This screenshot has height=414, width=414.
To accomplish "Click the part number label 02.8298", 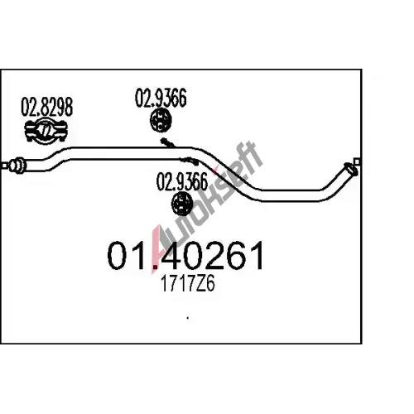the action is tap(47, 107).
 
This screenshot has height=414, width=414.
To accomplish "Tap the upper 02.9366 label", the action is tap(161, 98).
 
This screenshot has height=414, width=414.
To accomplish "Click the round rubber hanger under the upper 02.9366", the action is tap(161, 121).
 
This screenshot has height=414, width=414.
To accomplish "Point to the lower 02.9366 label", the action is tap(182, 182).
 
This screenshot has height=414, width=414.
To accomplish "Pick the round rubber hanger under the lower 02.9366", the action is tap(182, 204).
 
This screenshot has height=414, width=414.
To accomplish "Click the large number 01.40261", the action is tap(185, 255).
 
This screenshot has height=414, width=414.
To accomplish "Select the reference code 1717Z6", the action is tap(188, 284).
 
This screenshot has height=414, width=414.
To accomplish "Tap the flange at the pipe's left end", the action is tap(17, 166).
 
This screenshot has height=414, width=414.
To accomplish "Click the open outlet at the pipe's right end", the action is tap(351, 169).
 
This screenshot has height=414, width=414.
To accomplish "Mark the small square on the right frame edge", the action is tap(357, 161).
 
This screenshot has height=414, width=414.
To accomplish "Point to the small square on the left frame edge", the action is tap(4, 166).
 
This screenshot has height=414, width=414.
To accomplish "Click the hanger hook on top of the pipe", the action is tap(167, 142).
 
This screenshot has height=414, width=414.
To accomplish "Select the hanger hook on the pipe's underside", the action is tap(189, 161).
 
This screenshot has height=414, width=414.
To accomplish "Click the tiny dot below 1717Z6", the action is tap(188, 318).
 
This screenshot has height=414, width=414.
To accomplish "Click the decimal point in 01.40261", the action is tap(156, 267).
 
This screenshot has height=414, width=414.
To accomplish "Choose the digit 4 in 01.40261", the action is tap(173, 255).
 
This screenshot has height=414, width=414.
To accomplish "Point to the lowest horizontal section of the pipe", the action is tap(291, 195).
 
